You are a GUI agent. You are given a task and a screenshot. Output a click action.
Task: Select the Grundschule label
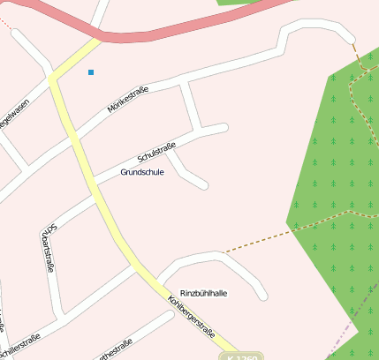tap(142, 172)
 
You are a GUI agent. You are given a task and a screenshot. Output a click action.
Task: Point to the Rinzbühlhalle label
tap(204, 293)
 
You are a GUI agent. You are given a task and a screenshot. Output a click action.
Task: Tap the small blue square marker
tap(90, 72)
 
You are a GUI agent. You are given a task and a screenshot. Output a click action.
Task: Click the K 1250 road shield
tap(244, 357)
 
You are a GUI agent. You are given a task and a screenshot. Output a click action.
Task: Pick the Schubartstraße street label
tap(49, 247)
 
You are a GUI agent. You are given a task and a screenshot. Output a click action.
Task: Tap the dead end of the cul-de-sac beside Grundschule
tap(203, 184)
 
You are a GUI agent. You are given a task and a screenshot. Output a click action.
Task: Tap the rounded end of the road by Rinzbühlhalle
tap(262, 296)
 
